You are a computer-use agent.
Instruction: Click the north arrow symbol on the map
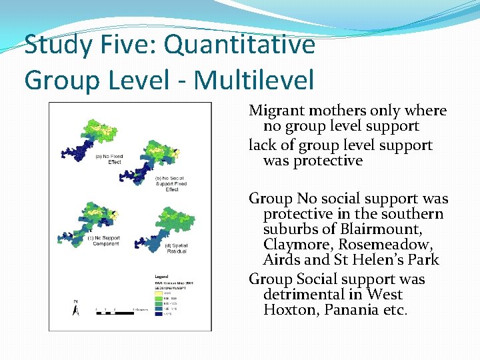(75, 307)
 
